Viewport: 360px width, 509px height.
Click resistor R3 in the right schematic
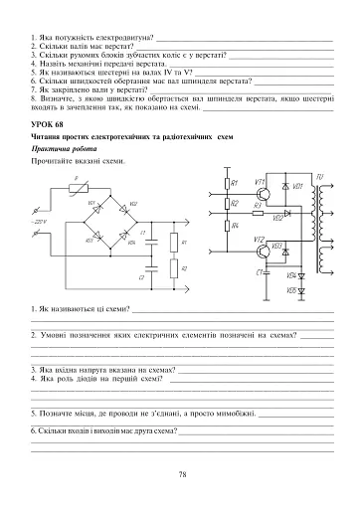point(257,212)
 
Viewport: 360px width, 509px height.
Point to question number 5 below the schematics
point(34,411)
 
